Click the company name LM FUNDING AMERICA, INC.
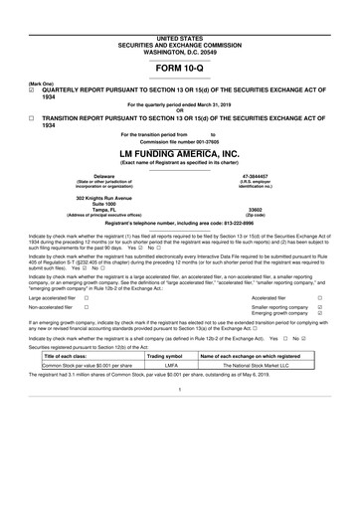point(179,154)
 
